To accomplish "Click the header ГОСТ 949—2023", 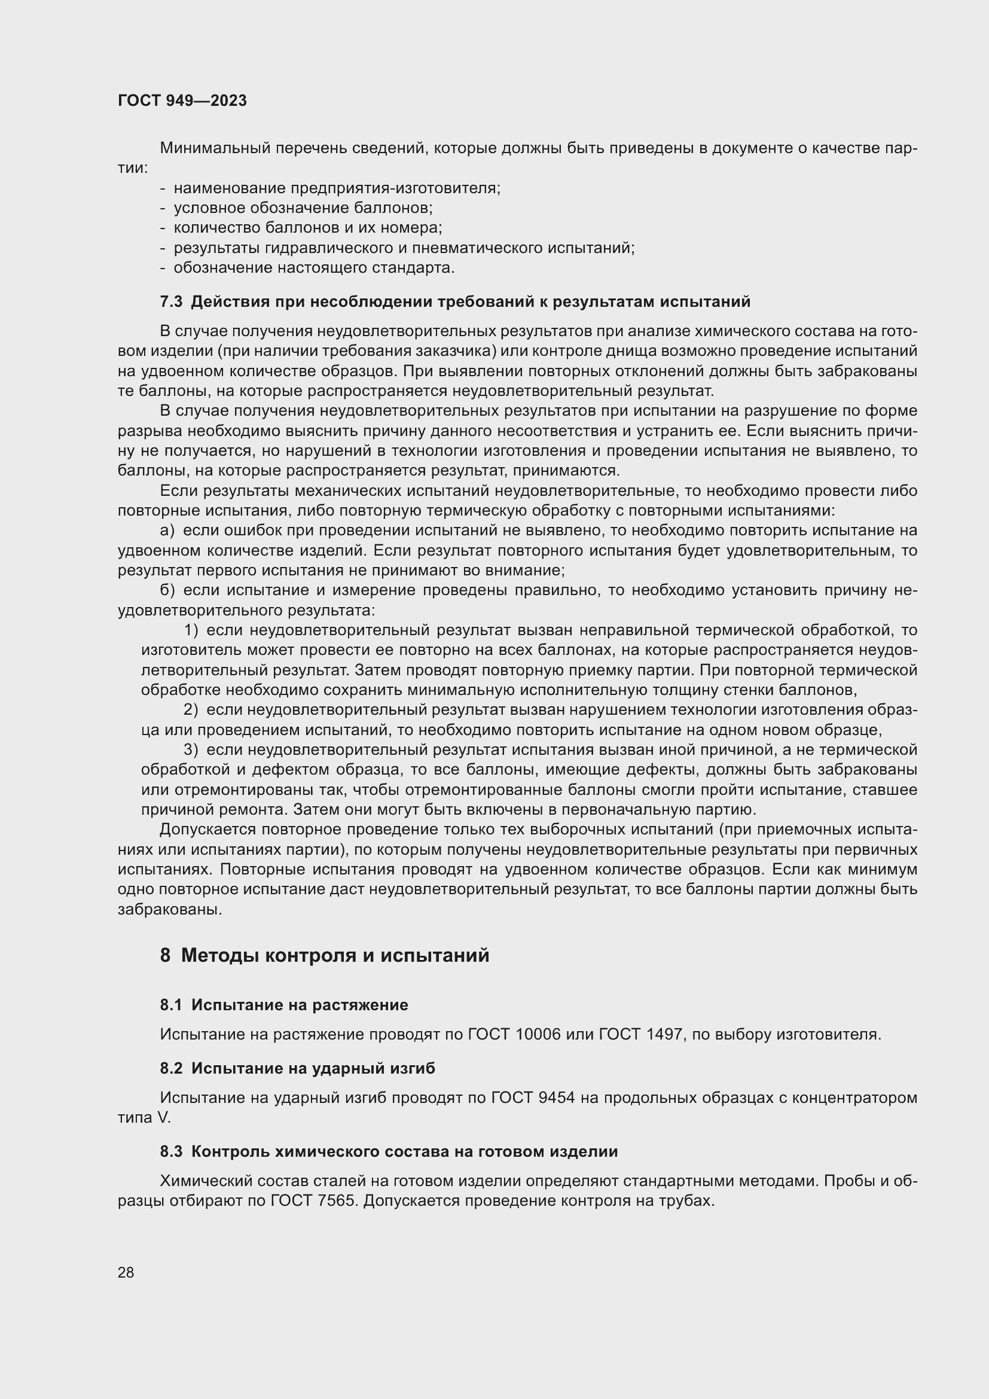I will coord(182,101).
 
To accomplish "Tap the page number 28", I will coord(126,1272).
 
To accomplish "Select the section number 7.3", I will coord(171,301).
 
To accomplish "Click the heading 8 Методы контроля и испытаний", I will coord(325,955).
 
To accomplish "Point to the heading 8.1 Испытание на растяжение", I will coord(284,1005).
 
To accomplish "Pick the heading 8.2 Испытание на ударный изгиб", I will coord(297,1068).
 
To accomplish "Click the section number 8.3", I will coord(171,1151).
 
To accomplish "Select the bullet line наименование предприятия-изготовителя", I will coord(337,188).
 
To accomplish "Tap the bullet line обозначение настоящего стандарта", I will coord(315,268).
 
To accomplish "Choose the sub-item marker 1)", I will coord(191,630).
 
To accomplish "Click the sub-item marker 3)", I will coord(191,750).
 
